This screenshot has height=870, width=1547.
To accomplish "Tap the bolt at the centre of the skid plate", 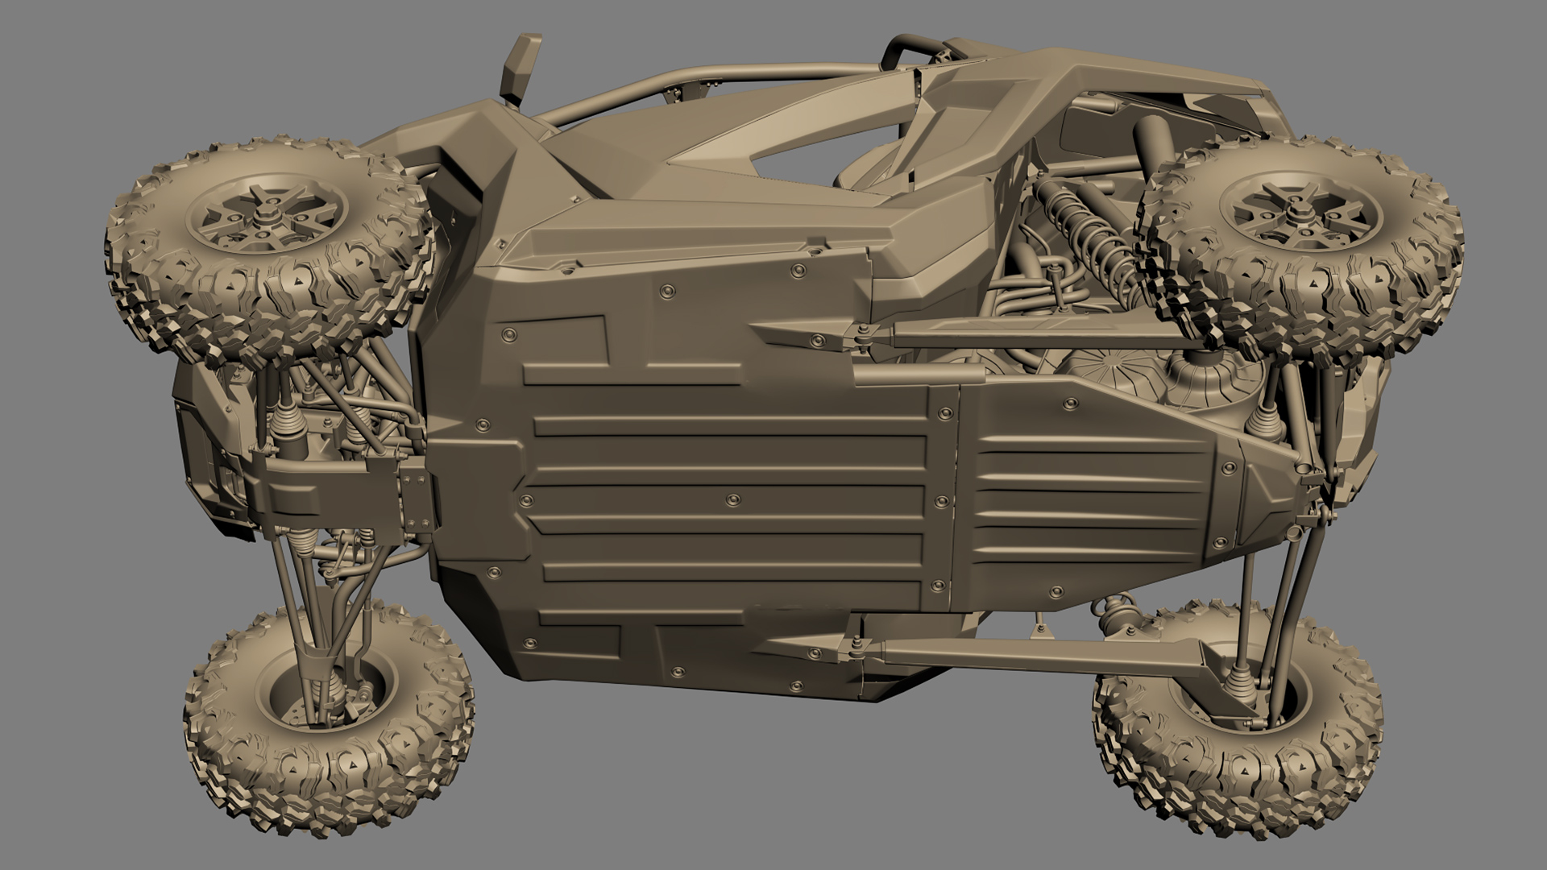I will click(732, 501).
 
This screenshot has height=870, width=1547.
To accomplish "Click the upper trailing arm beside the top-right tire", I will click(1007, 332).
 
